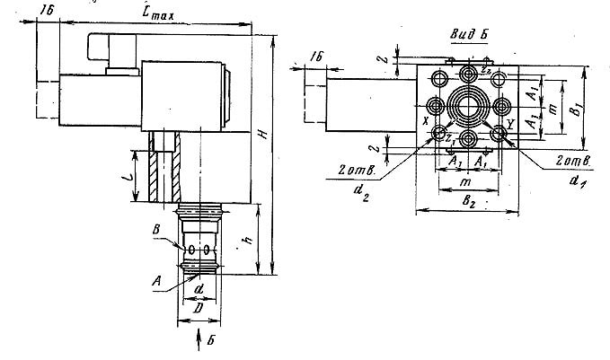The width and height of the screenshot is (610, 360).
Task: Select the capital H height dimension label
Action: pyautogui.click(x=262, y=134)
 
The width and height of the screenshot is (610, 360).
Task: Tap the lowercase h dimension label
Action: pyautogui.click(x=244, y=241)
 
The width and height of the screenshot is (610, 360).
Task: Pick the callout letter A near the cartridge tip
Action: pyautogui.click(x=157, y=280)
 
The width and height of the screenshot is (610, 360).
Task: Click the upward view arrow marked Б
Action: pyautogui.click(x=199, y=340)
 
